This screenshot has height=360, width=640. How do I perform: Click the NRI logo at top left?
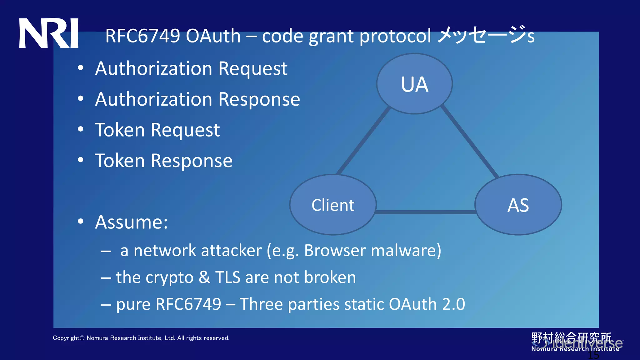pyautogui.click(x=48, y=33)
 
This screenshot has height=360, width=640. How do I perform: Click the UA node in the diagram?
pyautogui.click(x=414, y=84)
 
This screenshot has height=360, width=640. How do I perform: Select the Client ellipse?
pyautogui.click(x=333, y=205)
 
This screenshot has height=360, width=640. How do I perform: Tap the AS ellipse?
pyautogui.click(x=518, y=205)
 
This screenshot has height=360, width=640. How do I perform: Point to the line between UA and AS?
pyautogui.click(x=470, y=142)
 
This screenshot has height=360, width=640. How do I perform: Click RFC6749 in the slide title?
pyautogui.click(x=142, y=36)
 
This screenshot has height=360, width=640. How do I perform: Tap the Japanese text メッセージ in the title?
pyautogui.click(x=481, y=35)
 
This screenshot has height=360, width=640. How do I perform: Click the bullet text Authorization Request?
pyautogui.click(x=191, y=68)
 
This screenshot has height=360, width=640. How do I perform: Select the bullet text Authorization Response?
pyautogui.click(x=197, y=99)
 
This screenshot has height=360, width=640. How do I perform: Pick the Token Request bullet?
pyautogui.click(x=157, y=130)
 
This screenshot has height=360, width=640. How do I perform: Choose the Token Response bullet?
pyautogui.click(x=163, y=161)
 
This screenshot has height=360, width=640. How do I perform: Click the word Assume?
pyautogui.click(x=131, y=222)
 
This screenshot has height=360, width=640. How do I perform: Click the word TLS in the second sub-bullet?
pyautogui.click(x=227, y=277)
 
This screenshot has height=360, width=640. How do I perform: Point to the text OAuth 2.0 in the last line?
pyautogui.click(x=427, y=304)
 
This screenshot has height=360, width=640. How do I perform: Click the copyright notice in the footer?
pyautogui.click(x=141, y=338)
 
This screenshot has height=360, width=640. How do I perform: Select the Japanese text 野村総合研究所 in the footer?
pyautogui.click(x=571, y=337)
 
